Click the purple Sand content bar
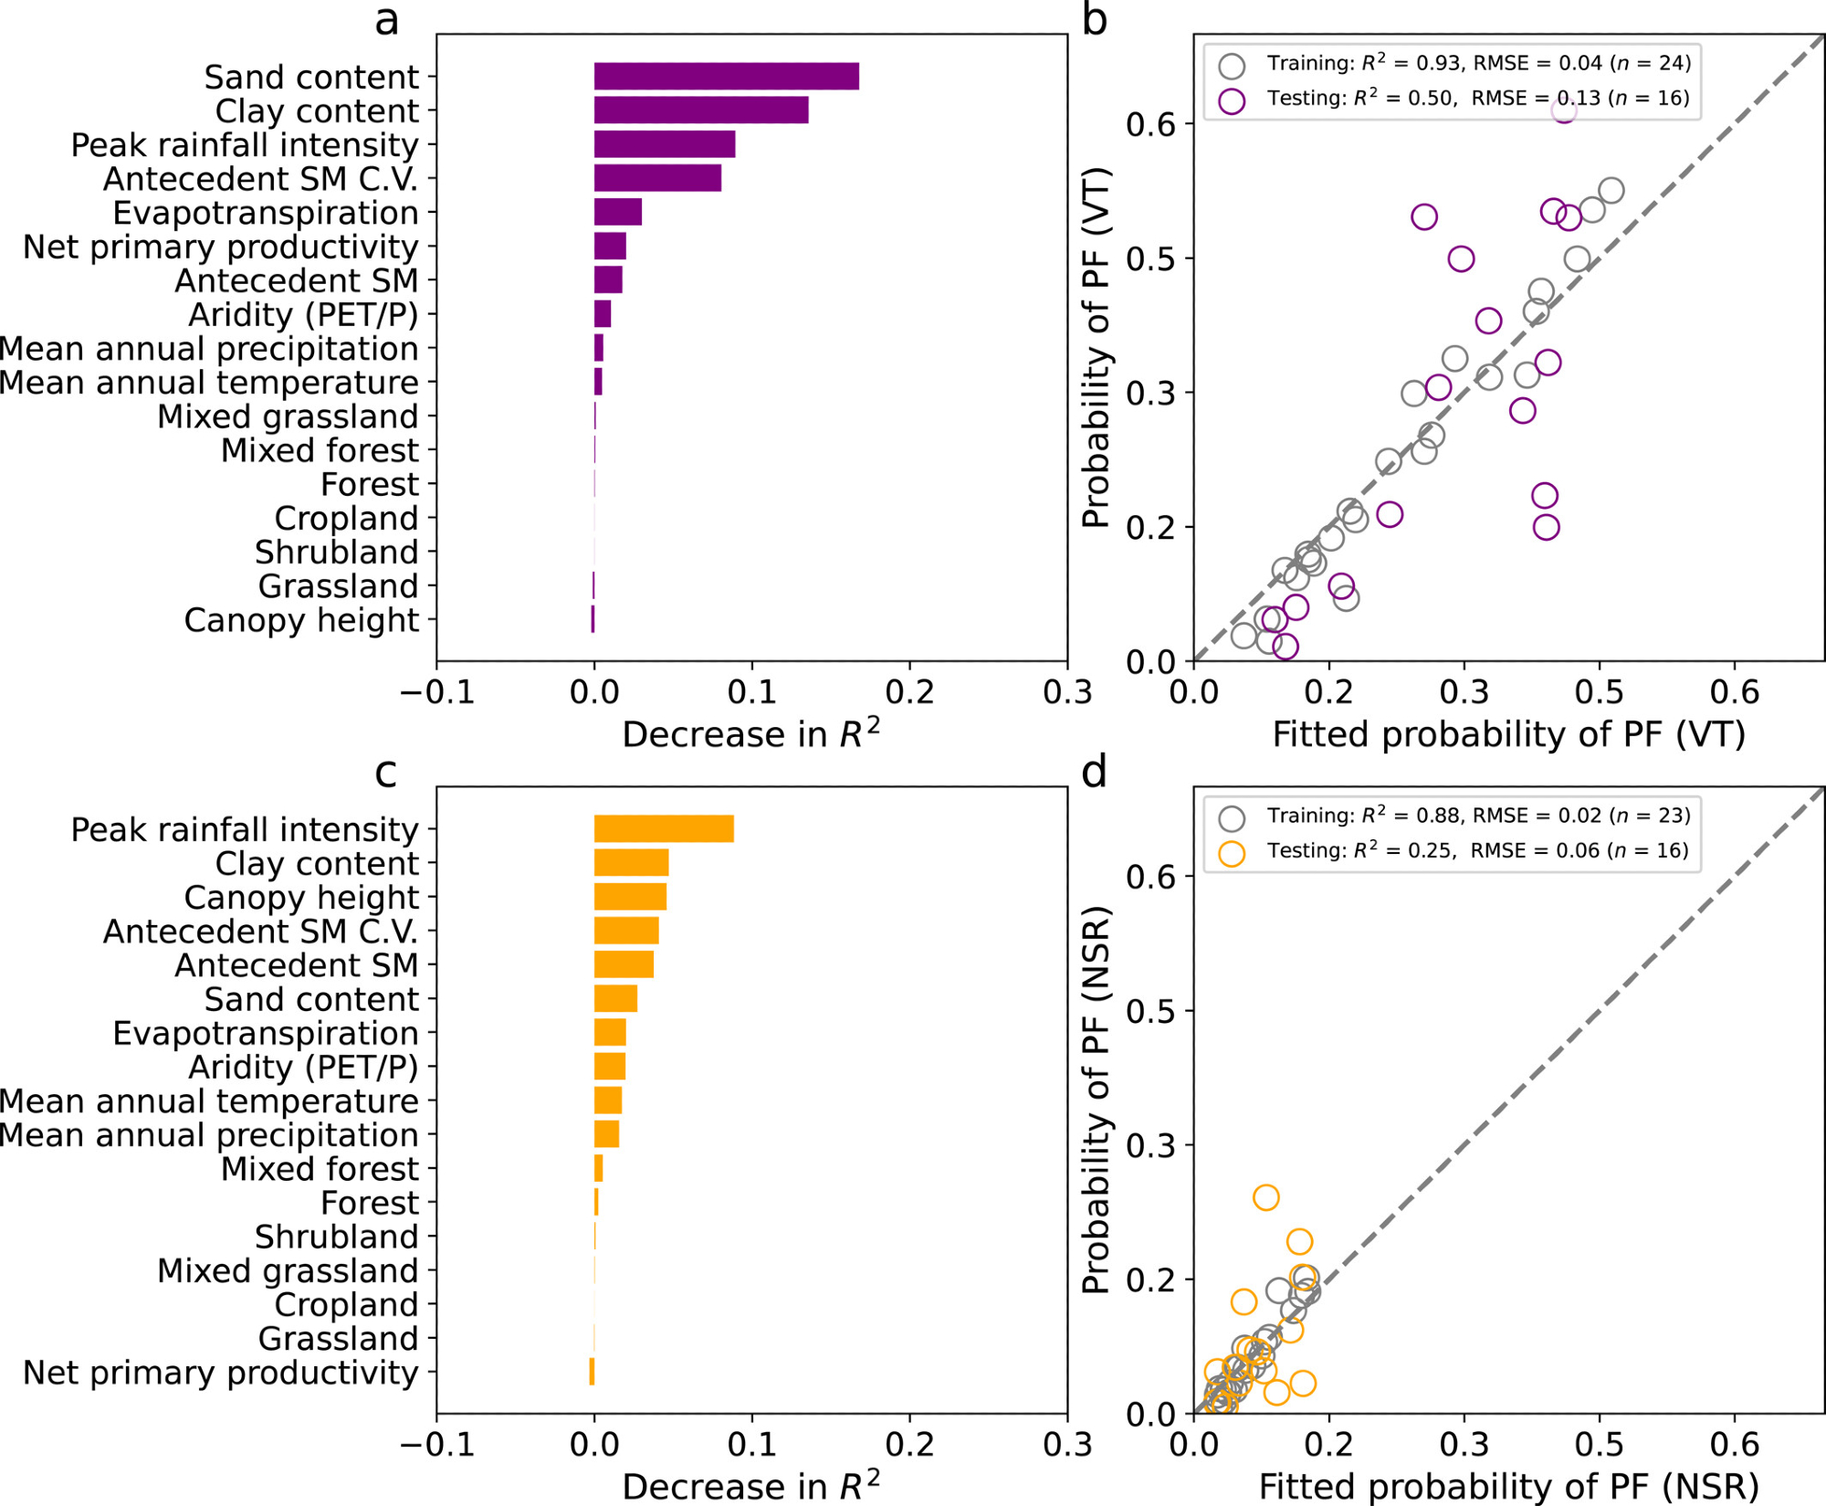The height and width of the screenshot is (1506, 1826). point(726,77)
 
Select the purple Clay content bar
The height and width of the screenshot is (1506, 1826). point(700,111)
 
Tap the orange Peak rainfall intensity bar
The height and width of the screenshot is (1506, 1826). point(664,829)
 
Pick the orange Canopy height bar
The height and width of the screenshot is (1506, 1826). point(630,897)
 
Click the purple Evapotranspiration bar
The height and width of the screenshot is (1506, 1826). point(618,212)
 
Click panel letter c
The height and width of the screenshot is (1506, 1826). point(386,773)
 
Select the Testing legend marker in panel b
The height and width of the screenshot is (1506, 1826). point(1232,100)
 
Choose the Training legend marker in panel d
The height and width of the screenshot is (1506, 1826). point(1232,818)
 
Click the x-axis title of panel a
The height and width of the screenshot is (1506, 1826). point(751,734)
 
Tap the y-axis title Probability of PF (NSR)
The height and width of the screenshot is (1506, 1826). point(1096,1100)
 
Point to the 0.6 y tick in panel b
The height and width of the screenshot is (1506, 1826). point(1151,124)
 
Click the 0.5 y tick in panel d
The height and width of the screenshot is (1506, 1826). point(1151,1011)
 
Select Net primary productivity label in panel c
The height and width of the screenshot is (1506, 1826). point(220,1373)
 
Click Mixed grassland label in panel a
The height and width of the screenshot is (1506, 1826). point(288,416)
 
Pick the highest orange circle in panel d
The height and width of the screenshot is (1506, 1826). point(1265,1197)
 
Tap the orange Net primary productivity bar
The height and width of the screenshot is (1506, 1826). point(592,1372)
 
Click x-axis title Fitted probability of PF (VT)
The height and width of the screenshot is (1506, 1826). point(1508,734)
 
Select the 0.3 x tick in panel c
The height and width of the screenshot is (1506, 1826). point(1067,1445)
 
